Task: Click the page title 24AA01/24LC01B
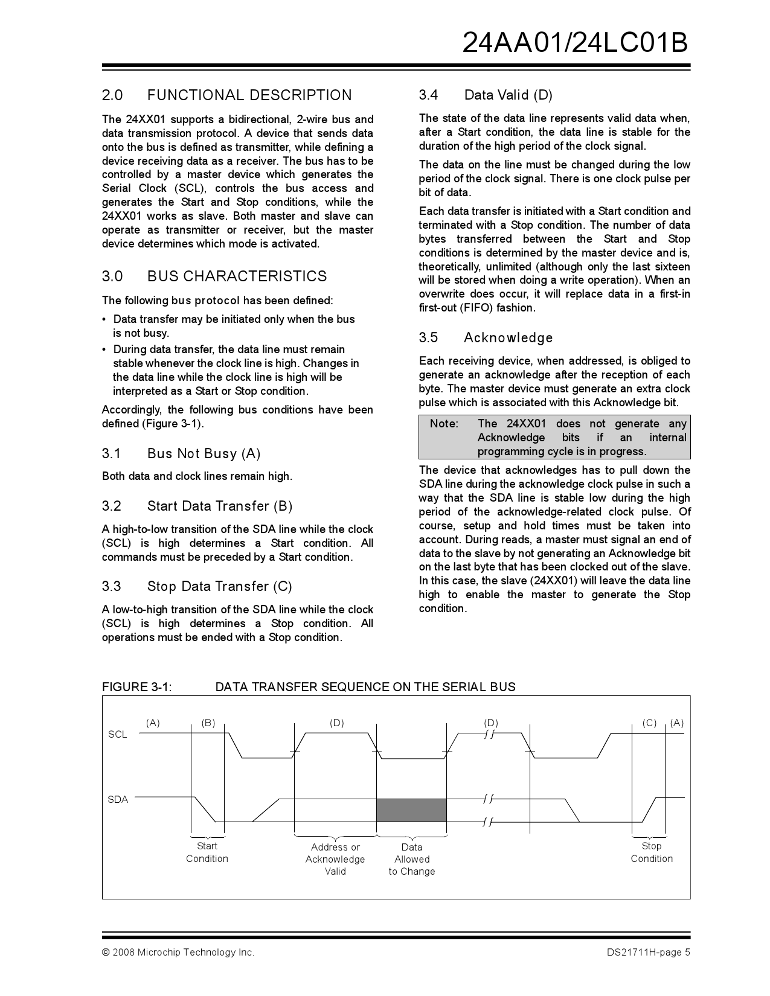coord(575,43)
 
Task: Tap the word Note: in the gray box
coord(444,424)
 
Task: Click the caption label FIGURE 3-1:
coord(137,687)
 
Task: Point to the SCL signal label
coord(117,735)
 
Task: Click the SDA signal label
coord(118,800)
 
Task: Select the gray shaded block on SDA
coord(411,810)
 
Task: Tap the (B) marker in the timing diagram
coord(208,723)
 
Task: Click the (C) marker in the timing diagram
coord(649,723)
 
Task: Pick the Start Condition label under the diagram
coord(207,852)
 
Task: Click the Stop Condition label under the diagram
coord(652,852)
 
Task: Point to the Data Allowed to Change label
coord(412,859)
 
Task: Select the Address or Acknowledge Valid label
coord(335,859)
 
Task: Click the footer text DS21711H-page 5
coord(649,953)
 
